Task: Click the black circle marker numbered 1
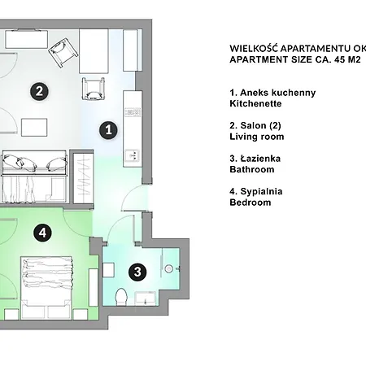[x=107, y=129]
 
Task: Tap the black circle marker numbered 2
[x=38, y=91]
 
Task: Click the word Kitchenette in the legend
[x=255, y=104]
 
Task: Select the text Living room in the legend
[x=257, y=137]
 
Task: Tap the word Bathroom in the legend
[x=252, y=170]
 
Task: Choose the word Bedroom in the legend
[x=251, y=203]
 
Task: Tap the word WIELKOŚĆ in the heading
[x=259, y=47]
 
